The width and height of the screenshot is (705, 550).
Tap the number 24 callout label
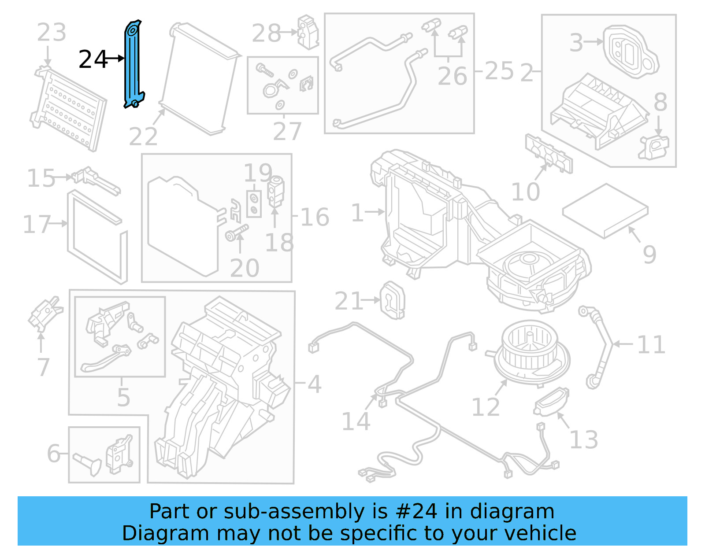tap(93, 59)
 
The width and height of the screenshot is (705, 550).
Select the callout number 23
tap(52, 33)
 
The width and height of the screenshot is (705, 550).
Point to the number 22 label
tap(143, 137)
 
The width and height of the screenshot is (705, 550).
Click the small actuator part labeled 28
tap(308, 32)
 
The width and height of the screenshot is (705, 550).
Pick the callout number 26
tap(452, 76)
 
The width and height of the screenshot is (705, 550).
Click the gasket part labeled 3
tap(630, 51)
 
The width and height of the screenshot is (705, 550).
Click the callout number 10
tap(525, 192)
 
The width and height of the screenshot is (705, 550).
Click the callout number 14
tap(356, 421)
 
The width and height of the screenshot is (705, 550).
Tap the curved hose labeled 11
tap(599, 348)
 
